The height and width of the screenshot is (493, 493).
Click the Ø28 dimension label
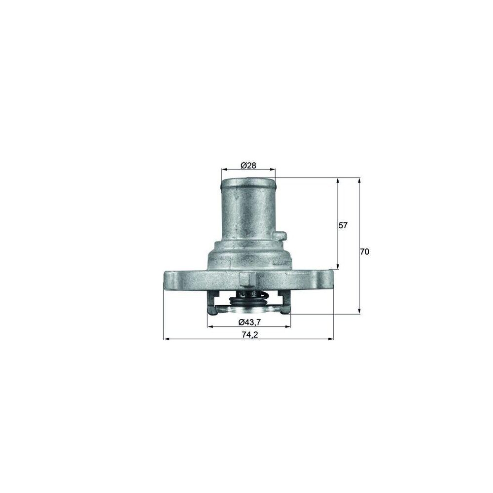point(248,166)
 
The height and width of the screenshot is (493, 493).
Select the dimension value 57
point(343,225)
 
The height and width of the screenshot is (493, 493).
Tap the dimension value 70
point(364,251)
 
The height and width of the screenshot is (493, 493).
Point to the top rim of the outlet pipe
point(248,180)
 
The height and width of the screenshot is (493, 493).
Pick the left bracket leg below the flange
point(212,303)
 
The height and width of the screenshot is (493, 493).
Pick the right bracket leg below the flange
point(284,303)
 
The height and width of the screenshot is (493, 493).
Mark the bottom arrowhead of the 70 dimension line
point(359,311)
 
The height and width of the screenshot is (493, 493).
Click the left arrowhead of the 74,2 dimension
point(166,339)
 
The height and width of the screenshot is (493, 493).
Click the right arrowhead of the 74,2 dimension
point(331,339)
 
